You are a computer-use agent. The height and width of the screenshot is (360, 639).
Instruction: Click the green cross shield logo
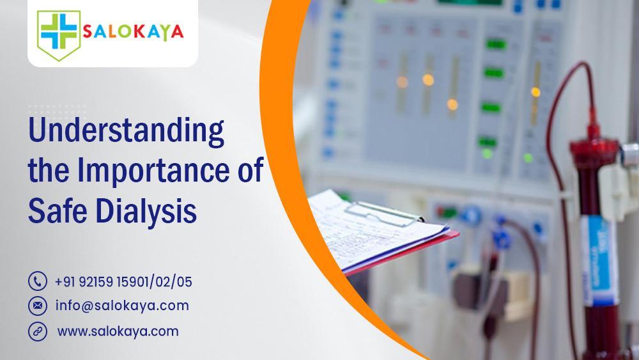[58, 33]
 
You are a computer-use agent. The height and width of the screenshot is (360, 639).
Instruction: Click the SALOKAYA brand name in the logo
[132, 33]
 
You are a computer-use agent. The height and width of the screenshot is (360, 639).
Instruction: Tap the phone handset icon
[38, 281]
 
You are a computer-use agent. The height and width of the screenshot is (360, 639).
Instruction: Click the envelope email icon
[38, 306]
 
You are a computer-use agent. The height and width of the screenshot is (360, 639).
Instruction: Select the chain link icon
[38, 331]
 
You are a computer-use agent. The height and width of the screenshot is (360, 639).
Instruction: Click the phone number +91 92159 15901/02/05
[123, 281]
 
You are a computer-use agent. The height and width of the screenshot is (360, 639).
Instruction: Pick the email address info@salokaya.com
[122, 306]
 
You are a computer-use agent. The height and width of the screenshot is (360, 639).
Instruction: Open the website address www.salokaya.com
[118, 331]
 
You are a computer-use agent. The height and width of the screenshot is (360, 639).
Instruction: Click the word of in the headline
[249, 173]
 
